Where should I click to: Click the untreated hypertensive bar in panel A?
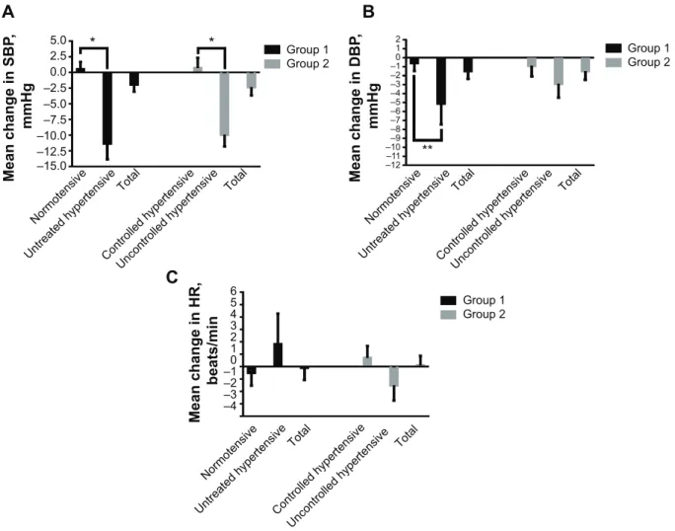(x=108, y=109)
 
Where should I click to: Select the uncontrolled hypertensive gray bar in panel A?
(x=224, y=104)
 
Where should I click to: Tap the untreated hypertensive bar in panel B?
(x=441, y=81)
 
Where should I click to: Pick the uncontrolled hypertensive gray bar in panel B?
(x=559, y=71)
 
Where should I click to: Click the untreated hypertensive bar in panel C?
(x=277, y=354)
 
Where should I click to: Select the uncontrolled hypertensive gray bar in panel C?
(x=394, y=376)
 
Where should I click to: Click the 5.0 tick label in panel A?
(x=58, y=40)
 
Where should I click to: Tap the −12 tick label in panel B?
(x=395, y=166)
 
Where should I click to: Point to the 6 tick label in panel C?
(x=233, y=291)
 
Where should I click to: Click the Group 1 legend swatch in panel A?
(x=272, y=49)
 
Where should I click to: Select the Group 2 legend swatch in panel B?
(x=614, y=62)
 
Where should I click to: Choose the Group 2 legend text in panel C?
(x=484, y=314)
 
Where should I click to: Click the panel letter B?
(x=368, y=12)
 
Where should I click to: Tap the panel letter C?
(x=172, y=277)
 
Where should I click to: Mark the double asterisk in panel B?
(x=427, y=148)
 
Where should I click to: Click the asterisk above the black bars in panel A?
(x=93, y=40)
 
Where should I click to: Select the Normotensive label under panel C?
(x=229, y=452)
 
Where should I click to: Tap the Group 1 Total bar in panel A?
(x=134, y=79)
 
